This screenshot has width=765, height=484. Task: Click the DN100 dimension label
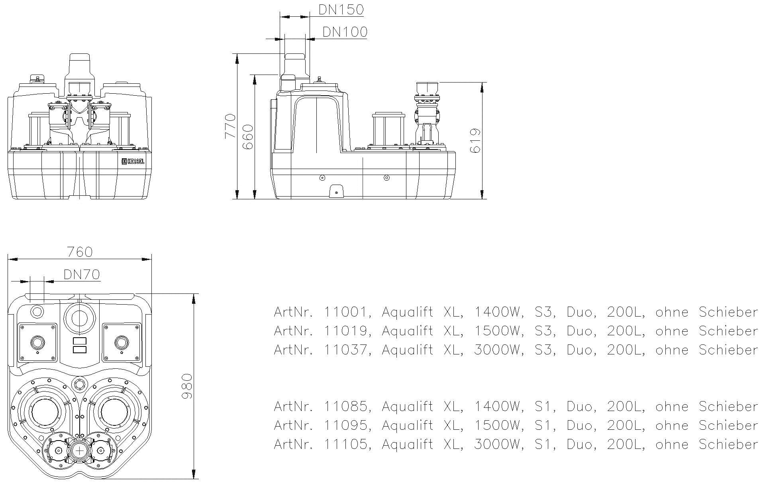[x=344, y=32]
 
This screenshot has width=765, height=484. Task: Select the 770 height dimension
[x=230, y=126]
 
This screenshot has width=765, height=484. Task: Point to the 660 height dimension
[x=248, y=137]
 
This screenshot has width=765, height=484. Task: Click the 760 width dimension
[x=80, y=252]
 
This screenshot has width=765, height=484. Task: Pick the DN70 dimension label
[x=81, y=274]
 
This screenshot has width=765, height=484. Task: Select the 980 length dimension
[x=186, y=386]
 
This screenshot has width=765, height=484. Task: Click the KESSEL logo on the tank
[x=133, y=161]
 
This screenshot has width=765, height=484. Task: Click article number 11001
[x=346, y=312]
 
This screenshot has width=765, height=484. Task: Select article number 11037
[x=346, y=350]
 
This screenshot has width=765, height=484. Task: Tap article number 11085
[x=346, y=407]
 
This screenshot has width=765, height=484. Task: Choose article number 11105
[x=346, y=444]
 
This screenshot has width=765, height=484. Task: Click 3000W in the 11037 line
[x=498, y=350]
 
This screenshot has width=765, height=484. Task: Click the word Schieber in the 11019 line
[x=728, y=331]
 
